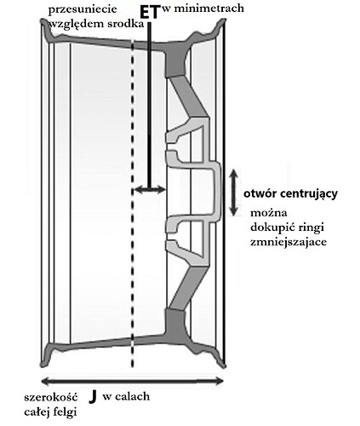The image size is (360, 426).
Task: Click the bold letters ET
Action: tap(150, 13)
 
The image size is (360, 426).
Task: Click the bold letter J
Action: tap(93, 396)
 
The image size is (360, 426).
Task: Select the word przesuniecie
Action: tap(83, 9)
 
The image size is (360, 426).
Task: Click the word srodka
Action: tap(126, 24)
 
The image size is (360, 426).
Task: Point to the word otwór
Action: tap(259, 193)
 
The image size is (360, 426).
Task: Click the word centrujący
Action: tap(307, 194)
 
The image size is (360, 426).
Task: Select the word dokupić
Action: tap(271, 228)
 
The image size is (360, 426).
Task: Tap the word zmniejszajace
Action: tap(289, 242)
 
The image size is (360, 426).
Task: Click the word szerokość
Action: tap(51, 397)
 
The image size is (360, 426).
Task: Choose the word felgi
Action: tap(64, 412)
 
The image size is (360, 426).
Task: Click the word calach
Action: tap(133, 396)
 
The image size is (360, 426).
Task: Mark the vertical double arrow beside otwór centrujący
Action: tap(233, 193)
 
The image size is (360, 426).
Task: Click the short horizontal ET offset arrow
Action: tap(150, 189)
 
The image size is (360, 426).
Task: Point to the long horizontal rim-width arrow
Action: tap(133, 381)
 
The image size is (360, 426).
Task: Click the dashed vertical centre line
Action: tap(132, 204)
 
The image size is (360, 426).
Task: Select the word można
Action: tap(269, 213)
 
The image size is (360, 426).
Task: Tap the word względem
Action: tap(77, 25)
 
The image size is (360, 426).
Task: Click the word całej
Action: tap(36, 412)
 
